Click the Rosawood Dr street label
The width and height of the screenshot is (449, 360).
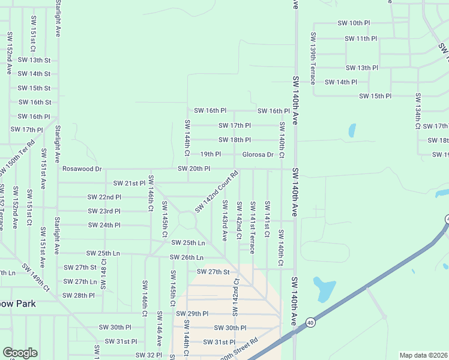coord(82,169)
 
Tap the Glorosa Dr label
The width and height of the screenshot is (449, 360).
coord(258,155)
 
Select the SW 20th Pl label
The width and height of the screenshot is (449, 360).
coord(193,169)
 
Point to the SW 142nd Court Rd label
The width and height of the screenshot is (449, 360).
coord(217,191)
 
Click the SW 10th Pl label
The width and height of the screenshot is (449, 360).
coord(354,23)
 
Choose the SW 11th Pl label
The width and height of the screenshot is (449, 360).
coord(361,38)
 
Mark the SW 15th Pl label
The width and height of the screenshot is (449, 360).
coord(375,96)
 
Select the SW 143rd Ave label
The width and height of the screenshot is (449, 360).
coord(224,220)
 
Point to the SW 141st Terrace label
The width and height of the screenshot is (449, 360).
coord(253,227)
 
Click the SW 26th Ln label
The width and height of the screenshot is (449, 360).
coord(187,257)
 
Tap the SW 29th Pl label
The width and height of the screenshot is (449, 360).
coord(192,314)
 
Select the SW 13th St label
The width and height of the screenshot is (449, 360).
coord(34,60)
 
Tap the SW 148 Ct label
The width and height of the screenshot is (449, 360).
coord(103,273)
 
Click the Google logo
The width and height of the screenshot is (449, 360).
coord(20,353)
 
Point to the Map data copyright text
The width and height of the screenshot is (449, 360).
coord(423,355)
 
